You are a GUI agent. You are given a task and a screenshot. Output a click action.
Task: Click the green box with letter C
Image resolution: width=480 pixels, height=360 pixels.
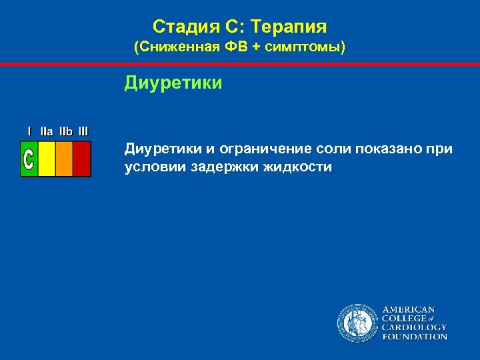[29, 159]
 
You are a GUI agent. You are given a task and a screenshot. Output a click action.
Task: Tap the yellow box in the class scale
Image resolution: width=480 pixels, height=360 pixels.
[47, 159]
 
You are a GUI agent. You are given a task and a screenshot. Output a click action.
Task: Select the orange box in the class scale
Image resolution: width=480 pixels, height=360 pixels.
[64, 159]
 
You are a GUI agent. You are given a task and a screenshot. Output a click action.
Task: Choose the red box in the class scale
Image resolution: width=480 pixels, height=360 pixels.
[81, 159]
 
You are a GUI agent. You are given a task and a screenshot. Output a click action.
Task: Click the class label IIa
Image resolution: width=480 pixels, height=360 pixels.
[47, 131]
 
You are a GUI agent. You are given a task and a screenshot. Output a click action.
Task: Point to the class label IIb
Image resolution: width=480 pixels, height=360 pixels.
[65, 131]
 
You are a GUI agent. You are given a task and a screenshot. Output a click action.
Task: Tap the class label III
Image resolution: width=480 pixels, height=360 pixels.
[83, 131]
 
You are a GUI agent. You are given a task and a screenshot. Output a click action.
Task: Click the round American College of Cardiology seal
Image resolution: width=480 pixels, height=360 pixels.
[357, 323]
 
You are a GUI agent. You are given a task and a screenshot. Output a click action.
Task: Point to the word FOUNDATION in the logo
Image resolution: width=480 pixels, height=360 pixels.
[414, 337]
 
